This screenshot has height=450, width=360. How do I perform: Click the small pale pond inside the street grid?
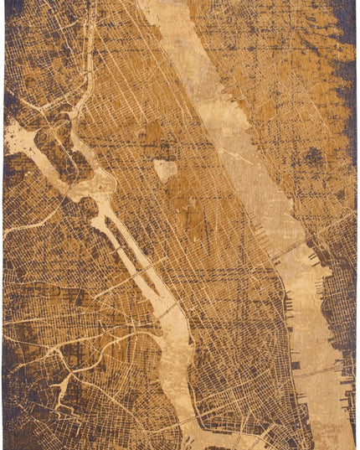coord(166,170)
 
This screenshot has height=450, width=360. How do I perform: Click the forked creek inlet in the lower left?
coord(63,386)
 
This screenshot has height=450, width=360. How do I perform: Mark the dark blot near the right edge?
coord(313,155)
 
